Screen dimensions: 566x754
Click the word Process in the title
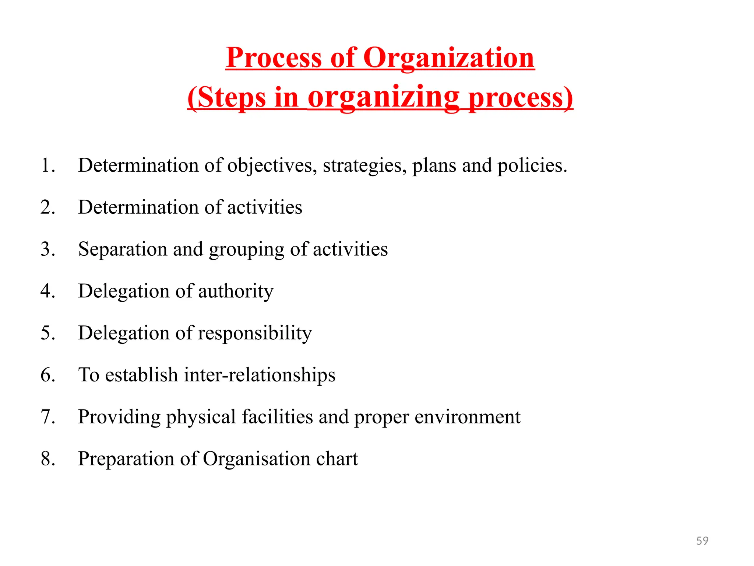pos(274,58)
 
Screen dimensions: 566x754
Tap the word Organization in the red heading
pos(449,58)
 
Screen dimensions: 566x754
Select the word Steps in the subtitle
pos(232,98)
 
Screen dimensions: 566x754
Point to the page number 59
pos(702,541)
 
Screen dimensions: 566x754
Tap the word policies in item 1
pos(532,165)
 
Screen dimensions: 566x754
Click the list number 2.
pos(47,207)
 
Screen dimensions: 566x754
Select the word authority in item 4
pos(236,291)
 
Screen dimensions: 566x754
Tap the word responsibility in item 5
pos(255,333)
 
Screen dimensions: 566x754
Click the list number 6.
pos(47,375)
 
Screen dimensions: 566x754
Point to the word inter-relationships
pos(260,375)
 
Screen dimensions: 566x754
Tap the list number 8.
pos(47,459)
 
